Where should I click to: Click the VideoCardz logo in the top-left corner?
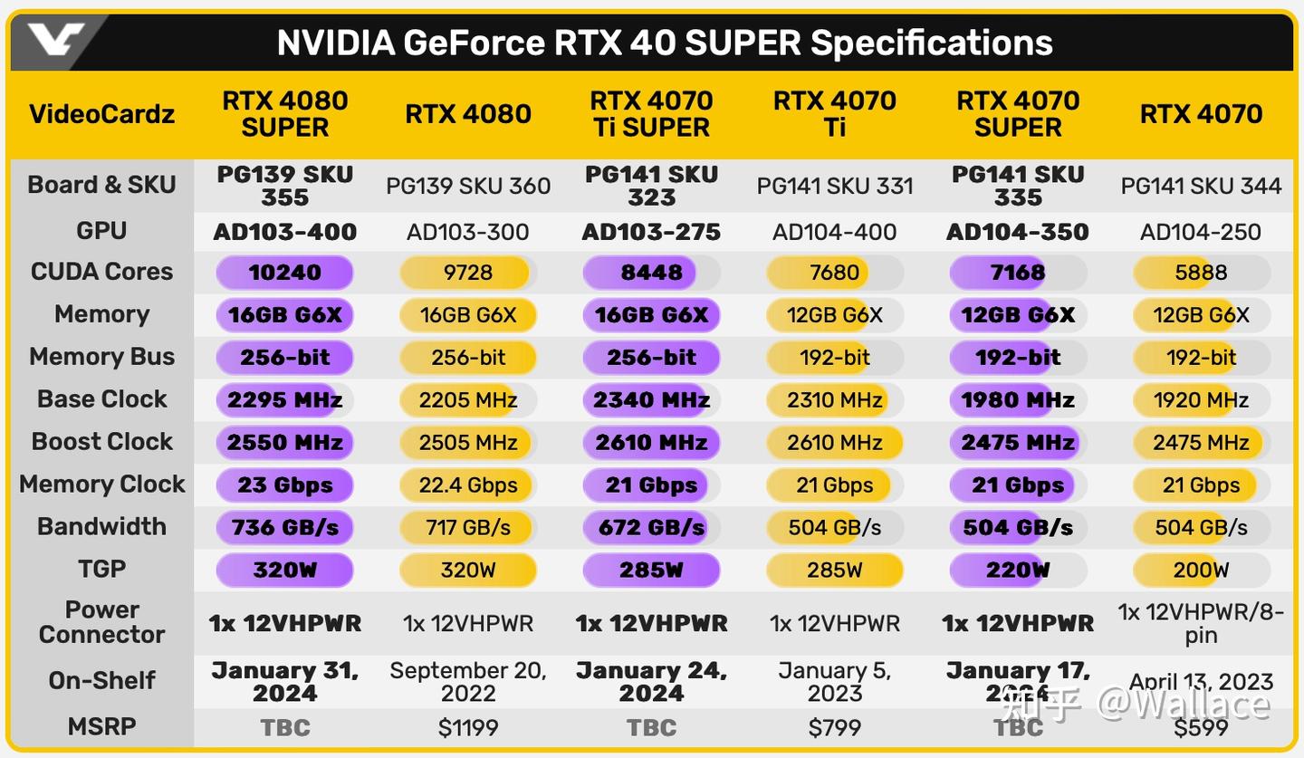tap(54, 41)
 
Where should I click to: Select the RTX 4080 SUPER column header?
tap(285, 114)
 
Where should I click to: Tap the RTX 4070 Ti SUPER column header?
tap(651, 114)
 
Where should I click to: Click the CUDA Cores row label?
tap(101, 272)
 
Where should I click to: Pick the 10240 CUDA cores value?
tap(285, 273)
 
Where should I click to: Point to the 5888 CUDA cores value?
tap(1201, 273)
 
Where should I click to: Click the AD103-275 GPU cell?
tap(651, 232)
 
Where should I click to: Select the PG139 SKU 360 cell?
tap(468, 187)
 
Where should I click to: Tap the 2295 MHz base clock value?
tap(285, 399)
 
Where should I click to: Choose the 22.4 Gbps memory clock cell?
tap(468, 485)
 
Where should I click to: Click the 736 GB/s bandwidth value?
tap(285, 527)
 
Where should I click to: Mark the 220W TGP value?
tap(1018, 570)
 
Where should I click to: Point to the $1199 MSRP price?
tap(468, 727)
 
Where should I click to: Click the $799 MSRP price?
tap(834, 727)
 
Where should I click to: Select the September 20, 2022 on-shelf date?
tap(468, 682)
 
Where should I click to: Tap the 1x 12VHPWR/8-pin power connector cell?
tap(1201, 623)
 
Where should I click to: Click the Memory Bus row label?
tap(101, 357)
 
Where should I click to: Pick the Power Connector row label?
tap(101, 622)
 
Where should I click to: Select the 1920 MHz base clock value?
tap(1201, 399)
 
